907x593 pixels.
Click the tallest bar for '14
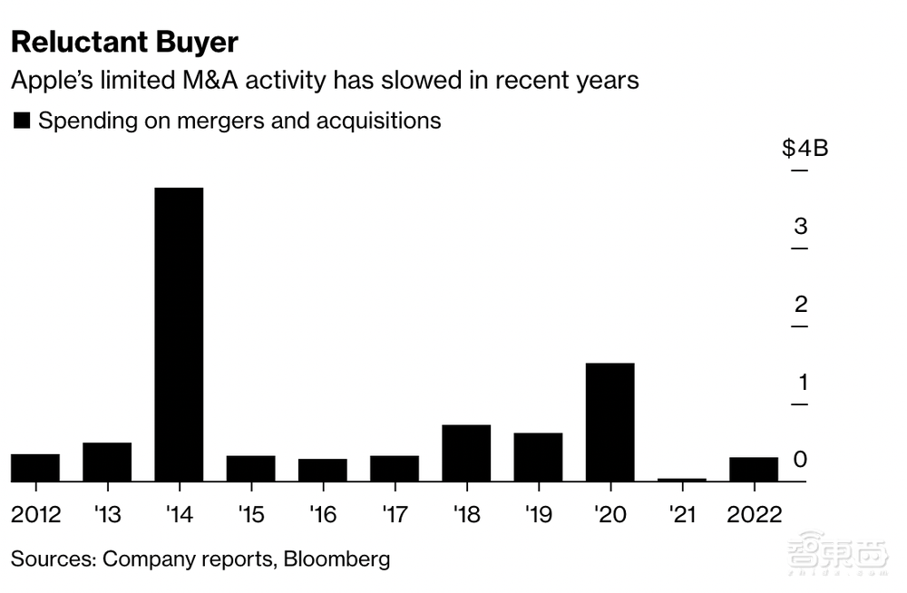coord(179,334)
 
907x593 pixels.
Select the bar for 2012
coord(35,467)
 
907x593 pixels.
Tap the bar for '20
coord(610,422)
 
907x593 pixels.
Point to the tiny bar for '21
coord(682,479)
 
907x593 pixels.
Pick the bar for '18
coord(466,452)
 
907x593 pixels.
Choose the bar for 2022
coord(754,469)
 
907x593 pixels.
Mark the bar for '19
coord(538,457)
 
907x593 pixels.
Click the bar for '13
coord(107,462)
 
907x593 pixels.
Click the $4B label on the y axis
coord(805,148)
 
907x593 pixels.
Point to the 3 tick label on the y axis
coord(801,227)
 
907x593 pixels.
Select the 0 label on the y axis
coord(800,460)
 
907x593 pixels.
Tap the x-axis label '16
coord(322,514)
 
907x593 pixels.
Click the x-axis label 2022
coord(754,514)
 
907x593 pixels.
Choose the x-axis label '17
coord(394,514)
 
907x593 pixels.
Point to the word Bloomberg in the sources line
coord(336,558)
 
